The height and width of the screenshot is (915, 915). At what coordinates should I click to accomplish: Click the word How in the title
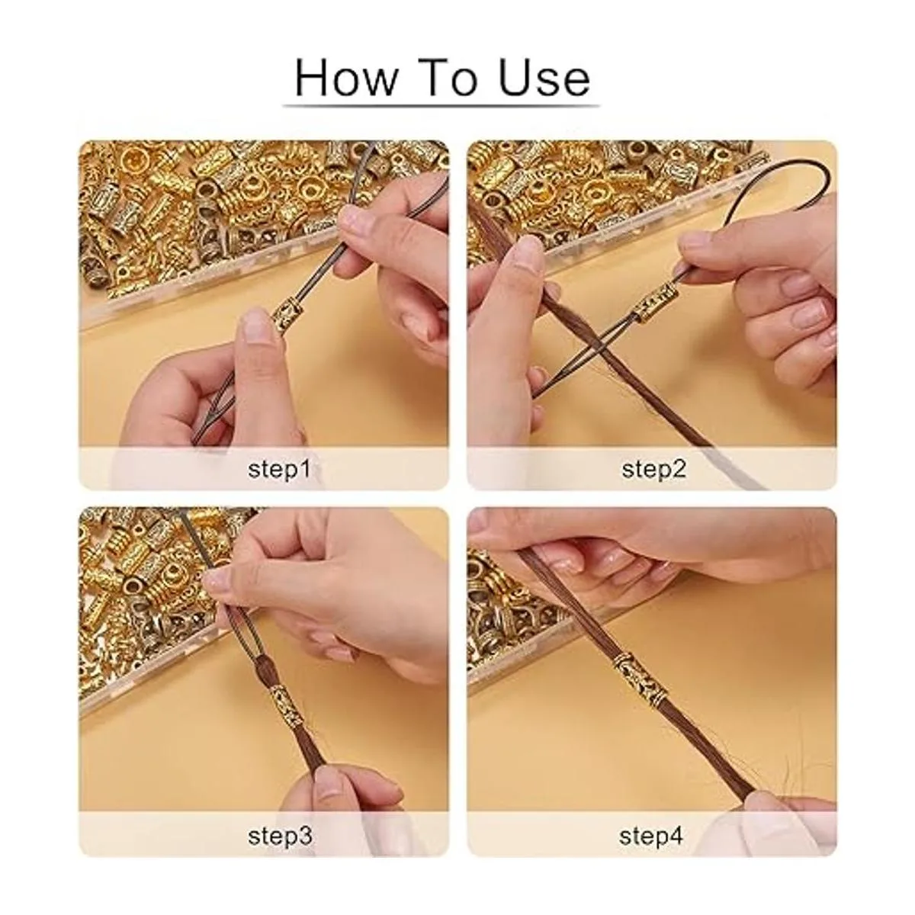click(x=345, y=77)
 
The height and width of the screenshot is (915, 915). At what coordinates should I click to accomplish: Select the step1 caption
click(x=279, y=469)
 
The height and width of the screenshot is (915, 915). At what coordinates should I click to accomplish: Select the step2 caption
click(x=653, y=469)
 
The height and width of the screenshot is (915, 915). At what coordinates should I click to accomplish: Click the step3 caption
click(x=280, y=835)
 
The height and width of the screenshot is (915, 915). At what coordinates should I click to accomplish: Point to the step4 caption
click(x=651, y=835)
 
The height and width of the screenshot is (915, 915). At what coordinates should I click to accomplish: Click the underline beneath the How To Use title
click(x=441, y=105)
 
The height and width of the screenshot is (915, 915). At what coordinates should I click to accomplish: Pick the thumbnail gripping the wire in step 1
click(x=354, y=220)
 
